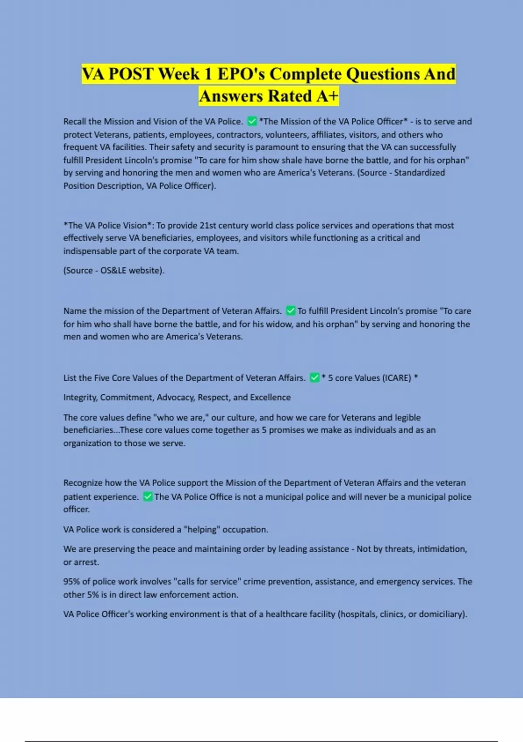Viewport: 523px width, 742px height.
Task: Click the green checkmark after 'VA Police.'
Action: [251, 121]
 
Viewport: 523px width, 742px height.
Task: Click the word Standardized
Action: [419, 173]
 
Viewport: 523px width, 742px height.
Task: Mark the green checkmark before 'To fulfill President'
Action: [291, 311]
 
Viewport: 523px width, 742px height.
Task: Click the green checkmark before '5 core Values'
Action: [314, 378]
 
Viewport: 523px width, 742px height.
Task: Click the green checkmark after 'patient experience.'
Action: [148, 497]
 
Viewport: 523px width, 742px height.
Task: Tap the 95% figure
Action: [71, 582]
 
